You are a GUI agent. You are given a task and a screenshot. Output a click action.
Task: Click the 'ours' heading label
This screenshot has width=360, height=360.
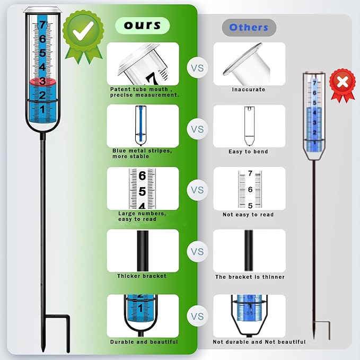click(142, 25)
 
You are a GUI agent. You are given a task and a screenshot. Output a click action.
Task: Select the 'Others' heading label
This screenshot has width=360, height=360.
click(249, 28)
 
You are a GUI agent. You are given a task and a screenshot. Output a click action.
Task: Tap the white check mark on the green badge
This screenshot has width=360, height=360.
click(83, 31)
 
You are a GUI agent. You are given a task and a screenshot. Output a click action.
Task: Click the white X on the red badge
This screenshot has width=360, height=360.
click(343, 82)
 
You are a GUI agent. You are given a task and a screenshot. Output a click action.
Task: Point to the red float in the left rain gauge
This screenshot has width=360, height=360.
click(43, 82)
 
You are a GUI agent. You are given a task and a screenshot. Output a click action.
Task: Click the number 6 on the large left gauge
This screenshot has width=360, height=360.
click(42, 39)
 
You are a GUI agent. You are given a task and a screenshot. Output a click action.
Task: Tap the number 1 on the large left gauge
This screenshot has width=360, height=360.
click(42, 109)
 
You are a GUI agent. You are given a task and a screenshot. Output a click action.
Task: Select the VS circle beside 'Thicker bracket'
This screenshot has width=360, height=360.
click(197, 251)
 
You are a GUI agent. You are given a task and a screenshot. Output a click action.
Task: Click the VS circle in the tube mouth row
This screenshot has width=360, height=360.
click(197, 68)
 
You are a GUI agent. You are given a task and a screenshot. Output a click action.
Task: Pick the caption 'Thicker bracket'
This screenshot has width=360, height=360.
click(142, 276)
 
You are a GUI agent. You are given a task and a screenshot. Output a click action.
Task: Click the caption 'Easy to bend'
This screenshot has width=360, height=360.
click(248, 152)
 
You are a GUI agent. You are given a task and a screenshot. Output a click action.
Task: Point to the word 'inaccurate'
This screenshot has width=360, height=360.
click(249, 89)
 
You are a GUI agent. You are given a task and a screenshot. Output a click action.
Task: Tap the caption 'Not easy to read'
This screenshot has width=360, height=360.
click(248, 214)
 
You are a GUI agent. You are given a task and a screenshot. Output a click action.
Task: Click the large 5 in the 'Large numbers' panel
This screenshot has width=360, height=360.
click(142, 191)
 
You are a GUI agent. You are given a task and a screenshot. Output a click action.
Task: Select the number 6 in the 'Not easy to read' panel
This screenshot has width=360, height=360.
click(250, 189)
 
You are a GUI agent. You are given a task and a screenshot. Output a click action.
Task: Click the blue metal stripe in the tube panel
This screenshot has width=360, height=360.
click(141, 124)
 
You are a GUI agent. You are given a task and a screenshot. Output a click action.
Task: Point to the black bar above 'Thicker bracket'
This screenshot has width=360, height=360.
click(143, 251)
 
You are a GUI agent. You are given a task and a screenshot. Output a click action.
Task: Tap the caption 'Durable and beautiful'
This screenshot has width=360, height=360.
click(144, 342)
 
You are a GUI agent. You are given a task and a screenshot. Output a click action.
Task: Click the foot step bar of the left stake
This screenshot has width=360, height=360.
click(57, 317)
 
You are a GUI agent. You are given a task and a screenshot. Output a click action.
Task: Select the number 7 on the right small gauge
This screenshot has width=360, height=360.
click(314, 83)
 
